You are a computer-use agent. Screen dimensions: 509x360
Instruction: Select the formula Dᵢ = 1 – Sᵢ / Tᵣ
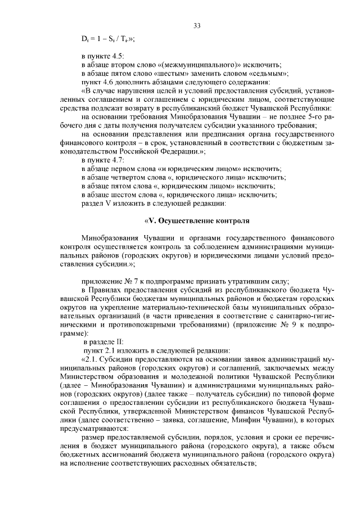pyautogui.click(x=110, y=39)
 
